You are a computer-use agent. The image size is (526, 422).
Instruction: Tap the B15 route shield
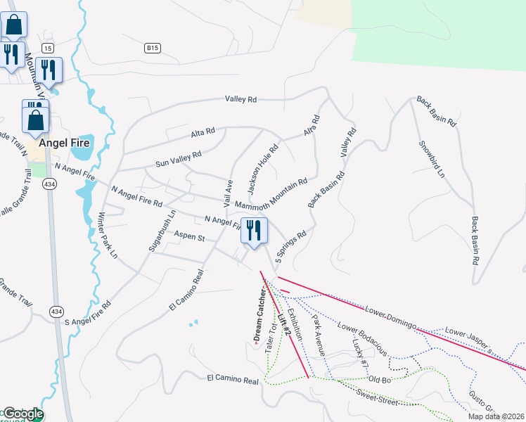click(x=153, y=48)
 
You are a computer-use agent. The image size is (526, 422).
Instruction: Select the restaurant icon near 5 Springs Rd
click(x=254, y=230)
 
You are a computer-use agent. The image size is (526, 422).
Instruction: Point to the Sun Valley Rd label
click(x=179, y=158)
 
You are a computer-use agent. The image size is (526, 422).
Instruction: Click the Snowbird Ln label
click(x=432, y=158)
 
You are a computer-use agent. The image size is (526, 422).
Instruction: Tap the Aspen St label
click(x=189, y=238)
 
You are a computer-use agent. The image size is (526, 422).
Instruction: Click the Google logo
click(x=23, y=414)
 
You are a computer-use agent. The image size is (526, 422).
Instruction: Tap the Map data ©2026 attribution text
click(x=495, y=416)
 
